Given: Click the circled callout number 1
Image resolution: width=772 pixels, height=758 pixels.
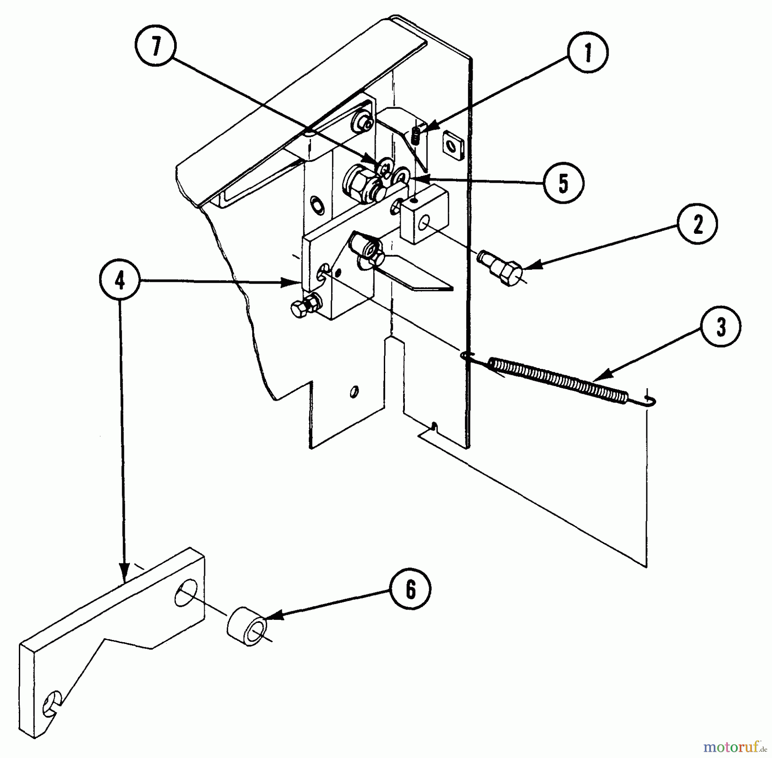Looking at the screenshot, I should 588,53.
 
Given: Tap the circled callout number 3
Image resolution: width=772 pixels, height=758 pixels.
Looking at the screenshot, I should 721,327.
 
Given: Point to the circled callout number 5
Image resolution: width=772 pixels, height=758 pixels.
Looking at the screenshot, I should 563,183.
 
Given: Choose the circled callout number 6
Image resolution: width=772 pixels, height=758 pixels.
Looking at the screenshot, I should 410,590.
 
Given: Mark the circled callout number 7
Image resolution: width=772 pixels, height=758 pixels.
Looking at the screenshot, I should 155,46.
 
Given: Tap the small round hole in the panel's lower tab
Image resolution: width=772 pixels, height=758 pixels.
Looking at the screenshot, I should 354,391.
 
